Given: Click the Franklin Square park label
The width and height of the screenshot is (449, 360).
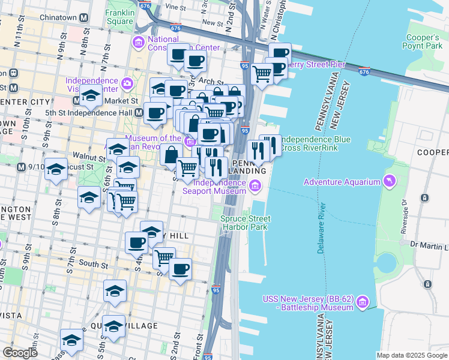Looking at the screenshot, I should (120, 17).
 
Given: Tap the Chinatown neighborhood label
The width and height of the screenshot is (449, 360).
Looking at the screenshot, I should (58, 17).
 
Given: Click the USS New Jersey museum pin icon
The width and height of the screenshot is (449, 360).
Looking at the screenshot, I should (362, 304).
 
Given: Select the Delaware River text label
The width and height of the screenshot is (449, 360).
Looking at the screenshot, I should (322, 227).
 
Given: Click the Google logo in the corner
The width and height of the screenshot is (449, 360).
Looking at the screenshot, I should (20, 353).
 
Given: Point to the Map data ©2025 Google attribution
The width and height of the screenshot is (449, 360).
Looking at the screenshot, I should (412, 355).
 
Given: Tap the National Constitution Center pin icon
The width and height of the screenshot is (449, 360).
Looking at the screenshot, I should (139, 42).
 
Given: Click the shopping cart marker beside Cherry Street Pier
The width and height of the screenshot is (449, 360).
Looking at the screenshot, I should (262, 74).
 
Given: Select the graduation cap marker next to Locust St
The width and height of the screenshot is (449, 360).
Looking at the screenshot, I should (56, 170).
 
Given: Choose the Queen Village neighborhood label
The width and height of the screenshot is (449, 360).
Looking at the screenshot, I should (131, 326).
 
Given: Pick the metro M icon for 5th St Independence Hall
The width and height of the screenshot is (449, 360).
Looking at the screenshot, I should (139, 112).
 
